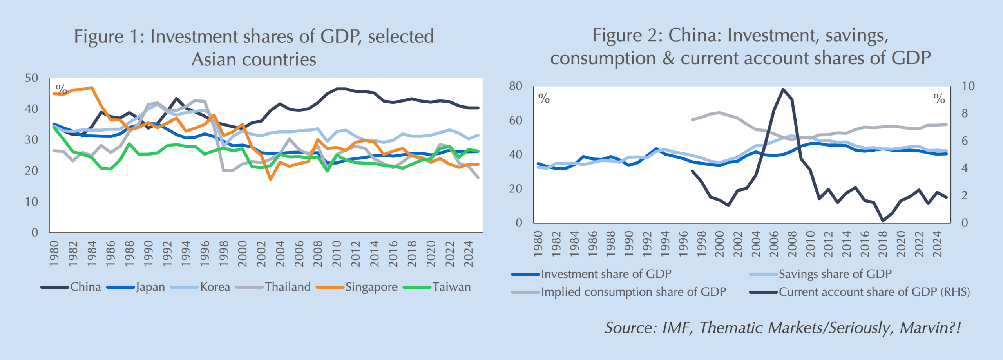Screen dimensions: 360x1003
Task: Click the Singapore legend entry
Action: (x=371, y=287)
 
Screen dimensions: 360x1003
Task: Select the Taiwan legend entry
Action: (x=451, y=287)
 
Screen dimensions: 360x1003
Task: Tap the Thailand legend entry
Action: (x=288, y=287)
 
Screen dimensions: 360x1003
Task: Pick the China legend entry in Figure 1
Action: (x=85, y=287)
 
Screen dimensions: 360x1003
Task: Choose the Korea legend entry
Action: (x=215, y=287)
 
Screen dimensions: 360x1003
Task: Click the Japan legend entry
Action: (x=150, y=287)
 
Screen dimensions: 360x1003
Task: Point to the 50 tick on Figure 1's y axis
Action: (x=31, y=78)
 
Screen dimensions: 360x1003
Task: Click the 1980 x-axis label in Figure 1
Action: (x=54, y=254)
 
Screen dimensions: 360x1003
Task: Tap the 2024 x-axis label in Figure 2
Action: (x=937, y=244)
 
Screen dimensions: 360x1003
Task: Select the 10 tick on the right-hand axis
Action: (x=968, y=86)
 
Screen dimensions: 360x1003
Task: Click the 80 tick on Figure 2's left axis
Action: (x=516, y=86)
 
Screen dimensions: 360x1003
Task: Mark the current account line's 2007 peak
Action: (x=783, y=89)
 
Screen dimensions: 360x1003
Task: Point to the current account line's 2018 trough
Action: (x=883, y=221)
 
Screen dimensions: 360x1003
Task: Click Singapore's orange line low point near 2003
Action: (x=270, y=179)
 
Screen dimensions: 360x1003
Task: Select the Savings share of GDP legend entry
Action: (x=835, y=274)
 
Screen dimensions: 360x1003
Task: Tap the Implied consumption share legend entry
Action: (x=633, y=292)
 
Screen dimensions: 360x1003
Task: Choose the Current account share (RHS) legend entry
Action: (x=874, y=292)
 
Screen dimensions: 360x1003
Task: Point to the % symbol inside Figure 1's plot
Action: (x=61, y=89)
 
